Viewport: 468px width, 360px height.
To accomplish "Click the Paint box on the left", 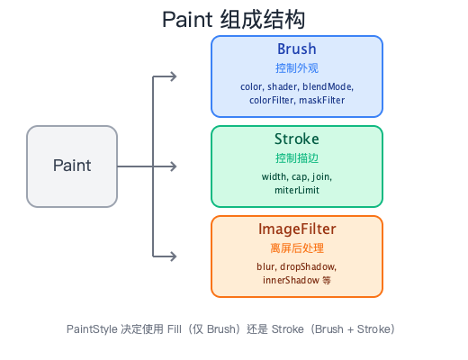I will [x=72, y=166].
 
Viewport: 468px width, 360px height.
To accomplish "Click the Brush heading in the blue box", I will [x=296, y=49].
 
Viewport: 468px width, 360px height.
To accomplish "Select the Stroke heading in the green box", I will [x=296, y=139].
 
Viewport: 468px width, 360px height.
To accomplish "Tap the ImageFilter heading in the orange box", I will [x=296, y=229].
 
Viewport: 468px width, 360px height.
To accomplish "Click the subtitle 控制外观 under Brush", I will [x=296, y=68].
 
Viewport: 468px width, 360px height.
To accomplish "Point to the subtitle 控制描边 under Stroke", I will [x=296, y=158].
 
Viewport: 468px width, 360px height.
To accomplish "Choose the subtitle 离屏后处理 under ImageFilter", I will [x=296, y=248].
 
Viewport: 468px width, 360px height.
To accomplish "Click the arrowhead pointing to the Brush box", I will [x=173, y=76].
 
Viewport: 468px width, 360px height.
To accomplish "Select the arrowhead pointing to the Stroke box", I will [x=173, y=166].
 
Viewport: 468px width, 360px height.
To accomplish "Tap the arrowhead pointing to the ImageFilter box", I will [x=173, y=256].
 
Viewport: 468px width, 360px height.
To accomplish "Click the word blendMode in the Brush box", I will [x=330, y=86].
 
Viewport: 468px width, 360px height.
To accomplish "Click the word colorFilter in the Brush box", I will [x=271, y=101].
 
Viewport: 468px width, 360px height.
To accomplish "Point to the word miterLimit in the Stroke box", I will [x=296, y=191].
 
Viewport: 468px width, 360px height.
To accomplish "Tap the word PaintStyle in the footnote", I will [x=93, y=328].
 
